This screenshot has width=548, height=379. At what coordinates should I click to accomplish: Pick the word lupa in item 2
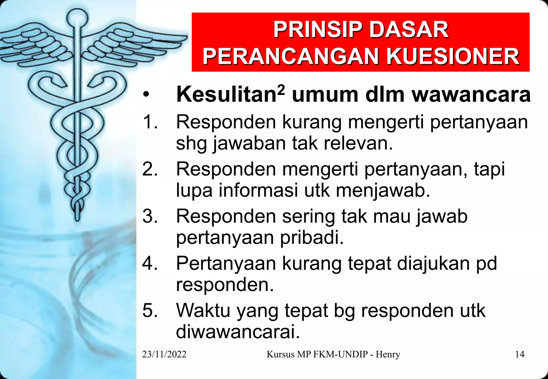pyautogui.click(x=194, y=191)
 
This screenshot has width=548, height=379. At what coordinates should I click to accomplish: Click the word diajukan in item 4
pyautogui.click(x=433, y=264)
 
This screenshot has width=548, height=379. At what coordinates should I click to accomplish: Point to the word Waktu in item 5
pyautogui.click(x=203, y=311)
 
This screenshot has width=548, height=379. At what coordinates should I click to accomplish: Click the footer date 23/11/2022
pyautogui.click(x=164, y=354)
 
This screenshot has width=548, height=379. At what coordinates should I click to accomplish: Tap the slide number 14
pyautogui.click(x=520, y=354)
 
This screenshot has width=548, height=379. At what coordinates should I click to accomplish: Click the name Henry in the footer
pyautogui.click(x=388, y=354)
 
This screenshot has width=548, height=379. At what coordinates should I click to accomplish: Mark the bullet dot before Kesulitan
pyautogui.click(x=146, y=95)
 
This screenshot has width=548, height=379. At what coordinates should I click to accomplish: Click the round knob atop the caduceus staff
pyautogui.click(x=77, y=18)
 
